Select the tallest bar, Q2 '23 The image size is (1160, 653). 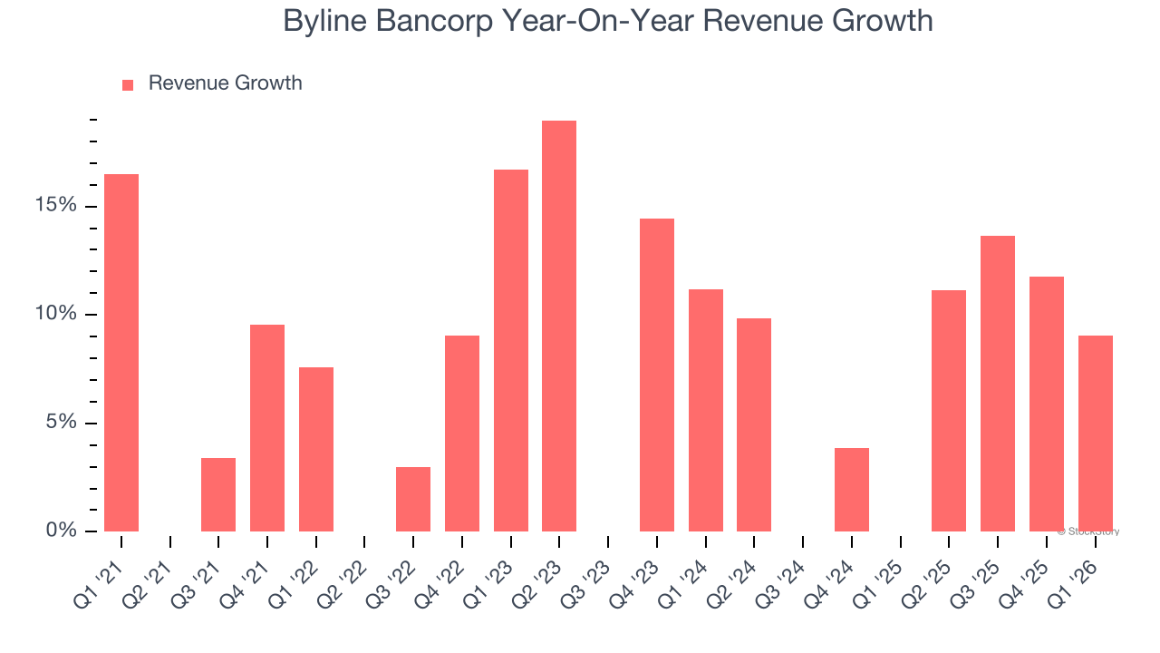(x=559, y=326)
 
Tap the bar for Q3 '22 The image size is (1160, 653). (x=413, y=499)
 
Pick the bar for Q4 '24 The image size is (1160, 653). (x=852, y=489)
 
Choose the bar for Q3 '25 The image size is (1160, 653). (x=998, y=383)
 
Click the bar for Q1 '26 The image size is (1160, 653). (x=1095, y=433)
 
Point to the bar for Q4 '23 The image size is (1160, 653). (x=657, y=375)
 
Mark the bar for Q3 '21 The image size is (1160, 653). (x=218, y=494)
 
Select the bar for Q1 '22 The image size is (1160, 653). (x=316, y=449)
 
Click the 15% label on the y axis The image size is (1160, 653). (x=56, y=205)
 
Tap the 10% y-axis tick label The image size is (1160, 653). (x=56, y=314)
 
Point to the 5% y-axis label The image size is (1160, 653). (x=62, y=423)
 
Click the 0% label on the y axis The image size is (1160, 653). (x=62, y=531)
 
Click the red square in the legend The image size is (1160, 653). (x=128, y=84)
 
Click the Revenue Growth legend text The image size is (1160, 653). (x=225, y=83)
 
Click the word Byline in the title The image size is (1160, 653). (x=325, y=20)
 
